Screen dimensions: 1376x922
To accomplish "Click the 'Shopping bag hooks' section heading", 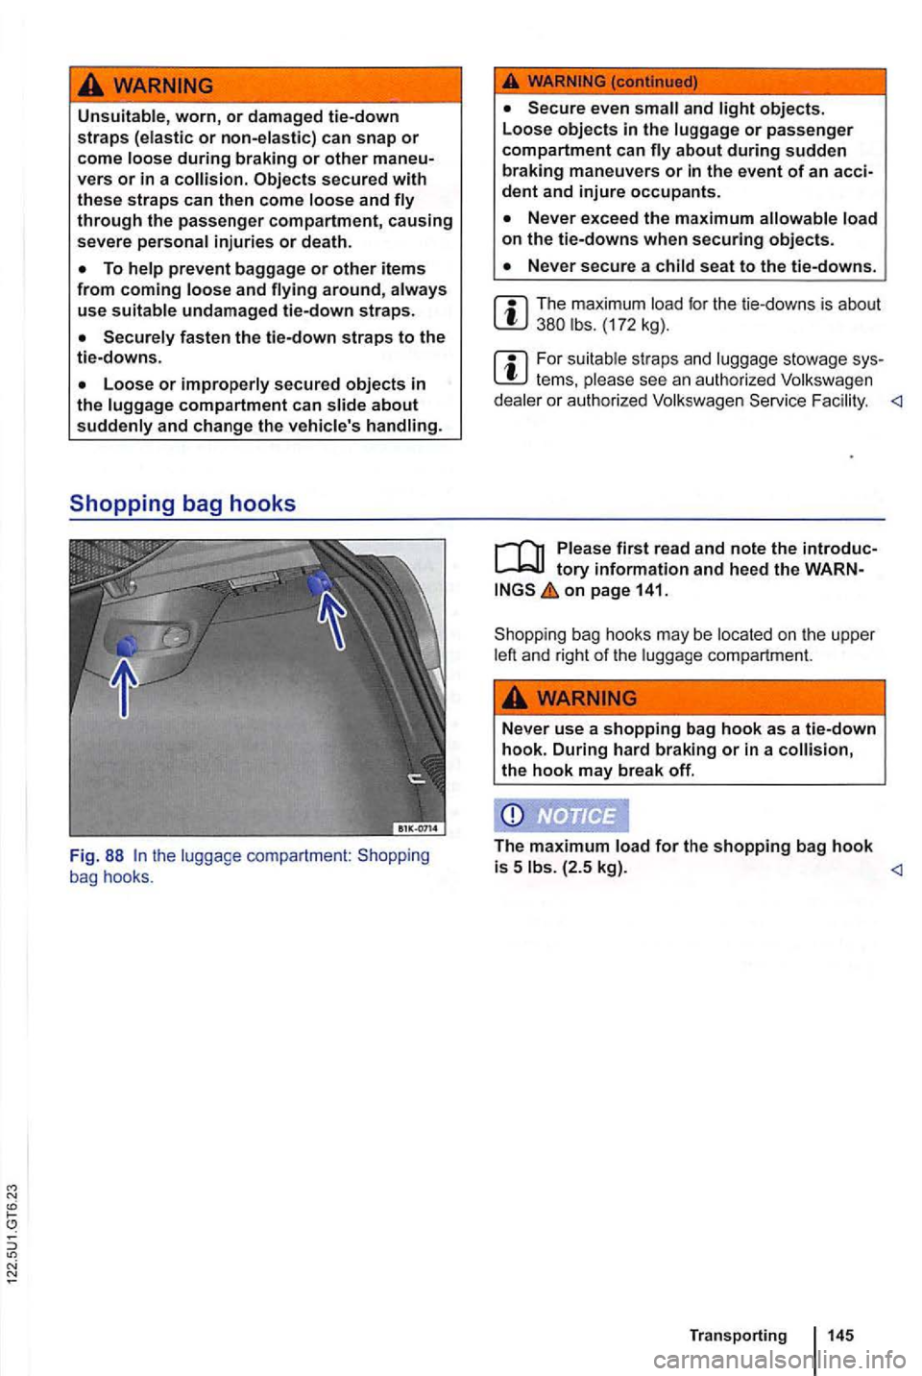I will tap(182, 504).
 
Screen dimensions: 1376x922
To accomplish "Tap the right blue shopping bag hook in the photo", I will tap(323, 580).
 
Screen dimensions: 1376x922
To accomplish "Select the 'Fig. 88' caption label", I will tap(96, 855).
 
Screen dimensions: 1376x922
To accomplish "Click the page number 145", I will tap(839, 1335).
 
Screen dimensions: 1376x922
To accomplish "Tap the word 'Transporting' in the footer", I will tap(738, 1335).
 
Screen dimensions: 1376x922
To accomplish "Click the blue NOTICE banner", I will tap(561, 816).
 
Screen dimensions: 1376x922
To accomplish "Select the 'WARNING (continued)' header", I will tap(612, 81).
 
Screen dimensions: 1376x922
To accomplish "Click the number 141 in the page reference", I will tap(649, 591).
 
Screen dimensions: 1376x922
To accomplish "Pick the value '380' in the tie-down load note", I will tap(551, 325).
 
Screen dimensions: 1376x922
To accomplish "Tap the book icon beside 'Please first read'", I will tap(519, 558).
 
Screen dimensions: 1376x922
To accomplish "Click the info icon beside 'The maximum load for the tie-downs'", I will tap(511, 313).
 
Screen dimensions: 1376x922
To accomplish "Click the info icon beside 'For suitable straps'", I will tap(511, 369).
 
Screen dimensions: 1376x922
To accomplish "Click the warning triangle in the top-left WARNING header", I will tap(93, 86).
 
